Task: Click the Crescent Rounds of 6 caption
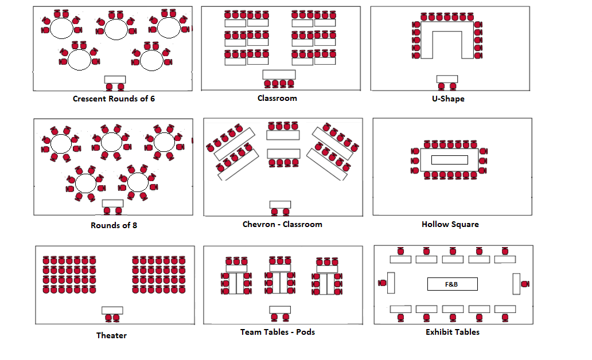(x=114, y=99)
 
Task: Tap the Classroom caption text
(x=277, y=98)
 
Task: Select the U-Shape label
(x=448, y=99)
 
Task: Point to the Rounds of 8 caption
(x=114, y=225)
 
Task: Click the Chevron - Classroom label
(x=282, y=224)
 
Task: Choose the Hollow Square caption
(x=450, y=224)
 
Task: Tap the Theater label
(x=111, y=335)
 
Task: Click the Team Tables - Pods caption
(x=278, y=332)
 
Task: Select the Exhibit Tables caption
(x=452, y=332)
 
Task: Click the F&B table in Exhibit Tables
(x=452, y=284)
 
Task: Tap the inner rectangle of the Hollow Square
(x=449, y=160)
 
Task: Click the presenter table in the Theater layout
(x=112, y=310)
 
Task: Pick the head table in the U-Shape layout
(x=447, y=79)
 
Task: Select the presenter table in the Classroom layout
(x=279, y=75)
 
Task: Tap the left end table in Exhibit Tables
(x=391, y=283)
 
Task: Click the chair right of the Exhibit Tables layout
(x=525, y=284)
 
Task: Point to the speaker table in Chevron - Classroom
(x=280, y=205)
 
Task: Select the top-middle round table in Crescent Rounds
(x=116, y=30)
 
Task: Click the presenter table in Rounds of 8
(x=112, y=204)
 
